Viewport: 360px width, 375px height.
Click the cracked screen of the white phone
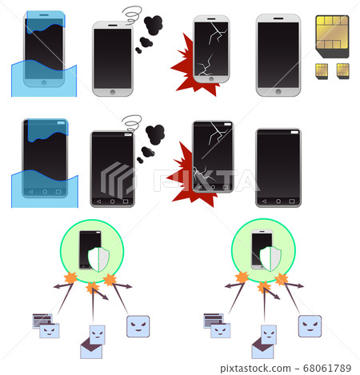pos(212,47)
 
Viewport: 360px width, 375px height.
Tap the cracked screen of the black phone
pos(214,157)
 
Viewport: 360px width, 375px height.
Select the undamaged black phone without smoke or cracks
pos(278,167)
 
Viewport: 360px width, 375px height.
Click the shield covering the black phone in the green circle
pos(97,257)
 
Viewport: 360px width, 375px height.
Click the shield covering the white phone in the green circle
pos(270,257)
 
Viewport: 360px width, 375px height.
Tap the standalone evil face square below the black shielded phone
pos(138,325)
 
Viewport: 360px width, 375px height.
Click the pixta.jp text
pos(240,368)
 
